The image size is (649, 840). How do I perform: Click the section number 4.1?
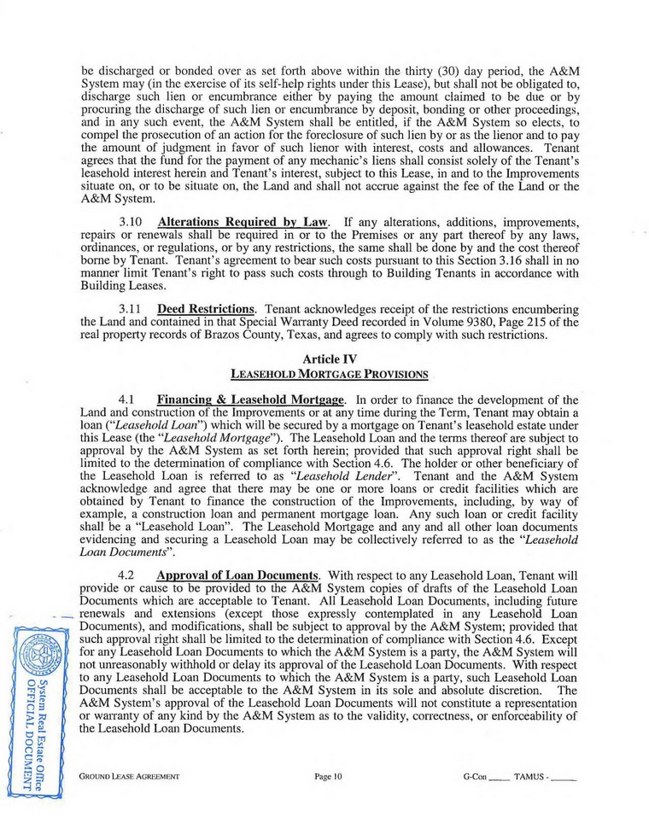[x=126, y=399]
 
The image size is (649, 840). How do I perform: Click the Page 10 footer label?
[x=327, y=778]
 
